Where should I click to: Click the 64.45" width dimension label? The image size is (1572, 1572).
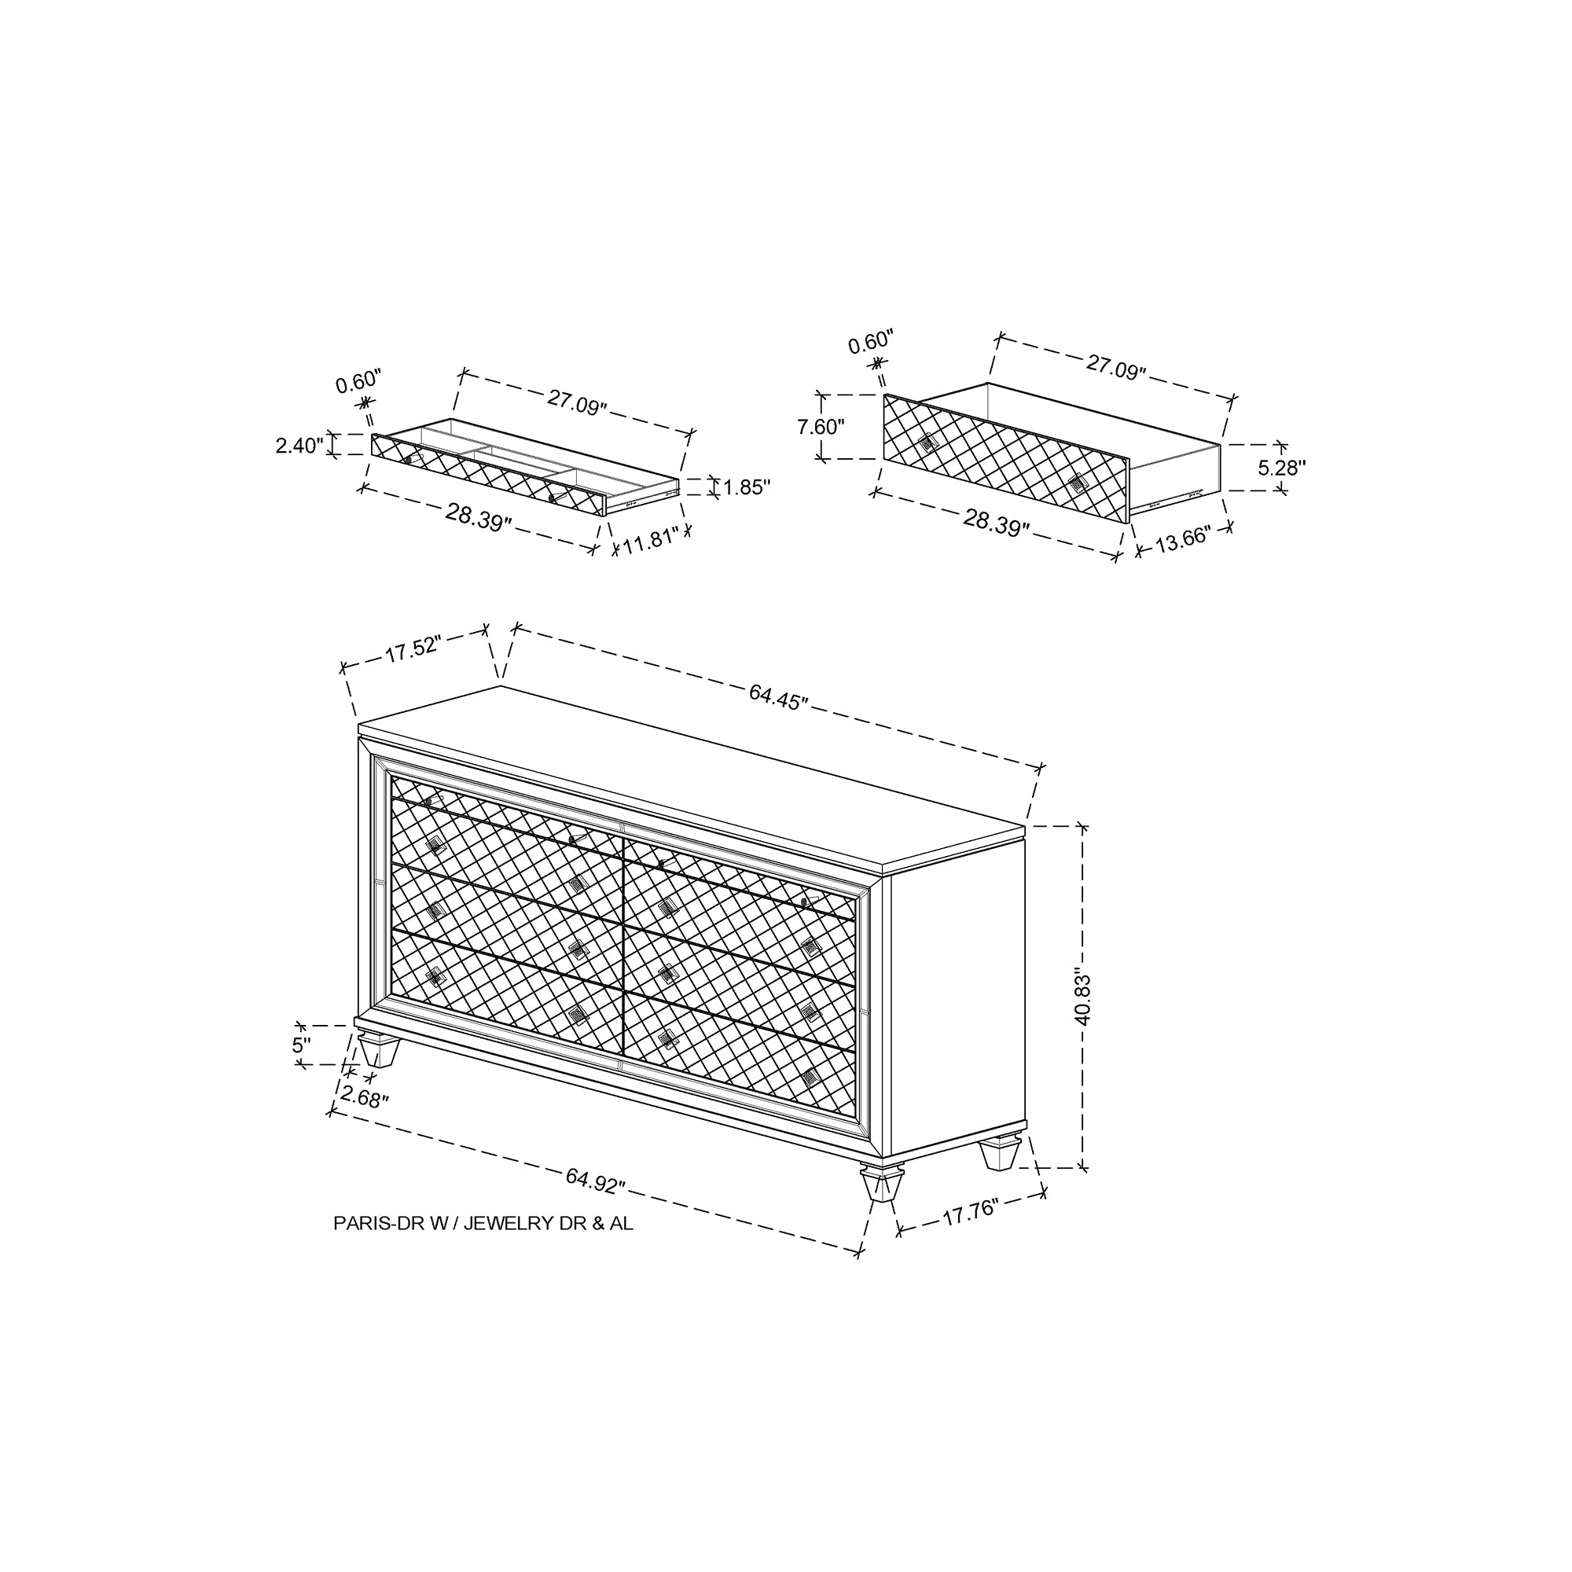click(x=779, y=697)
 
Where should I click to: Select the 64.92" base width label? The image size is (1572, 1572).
click(x=596, y=1180)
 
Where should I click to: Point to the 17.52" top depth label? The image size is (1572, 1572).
click(x=413, y=649)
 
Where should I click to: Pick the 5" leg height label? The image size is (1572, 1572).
click(x=302, y=1045)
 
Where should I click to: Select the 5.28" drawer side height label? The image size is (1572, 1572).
click(x=1282, y=468)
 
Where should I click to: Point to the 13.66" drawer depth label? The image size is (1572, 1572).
click(x=1184, y=539)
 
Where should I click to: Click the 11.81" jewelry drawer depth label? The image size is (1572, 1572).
click(x=651, y=541)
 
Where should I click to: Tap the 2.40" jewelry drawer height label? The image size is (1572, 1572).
click(x=300, y=446)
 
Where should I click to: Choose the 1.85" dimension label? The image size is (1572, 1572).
click(x=747, y=487)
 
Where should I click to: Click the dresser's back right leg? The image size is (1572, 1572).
click(x=1000, y=1152)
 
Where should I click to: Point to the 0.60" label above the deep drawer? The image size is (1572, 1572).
click(x=871, y=342)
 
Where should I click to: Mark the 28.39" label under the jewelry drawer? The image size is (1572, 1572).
click(x=479, y=517)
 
